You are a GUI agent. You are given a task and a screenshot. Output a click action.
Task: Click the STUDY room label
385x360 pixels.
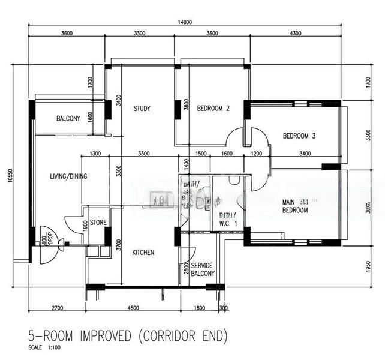coord(142,109)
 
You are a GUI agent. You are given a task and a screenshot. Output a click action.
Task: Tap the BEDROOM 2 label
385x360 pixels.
coord(213,109)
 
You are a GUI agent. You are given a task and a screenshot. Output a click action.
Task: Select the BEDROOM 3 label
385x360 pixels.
coord(299,136)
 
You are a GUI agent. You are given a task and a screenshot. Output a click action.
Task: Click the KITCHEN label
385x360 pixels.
coord(143,253)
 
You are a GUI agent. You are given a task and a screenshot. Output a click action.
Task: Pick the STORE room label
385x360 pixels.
coord(98,223)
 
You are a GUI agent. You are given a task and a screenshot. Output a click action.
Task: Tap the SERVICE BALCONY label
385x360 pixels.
coord(202,269)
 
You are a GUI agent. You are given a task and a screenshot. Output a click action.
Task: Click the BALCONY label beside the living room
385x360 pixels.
coord(68,119)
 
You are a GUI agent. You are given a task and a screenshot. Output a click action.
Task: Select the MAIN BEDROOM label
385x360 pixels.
coord(296,206)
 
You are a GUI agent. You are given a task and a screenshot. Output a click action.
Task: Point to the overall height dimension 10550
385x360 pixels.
coord(10,184)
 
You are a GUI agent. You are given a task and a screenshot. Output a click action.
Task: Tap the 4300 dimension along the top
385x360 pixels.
coord(296,34)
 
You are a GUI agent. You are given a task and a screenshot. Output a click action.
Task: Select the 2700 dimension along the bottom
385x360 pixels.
coord(58,308)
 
